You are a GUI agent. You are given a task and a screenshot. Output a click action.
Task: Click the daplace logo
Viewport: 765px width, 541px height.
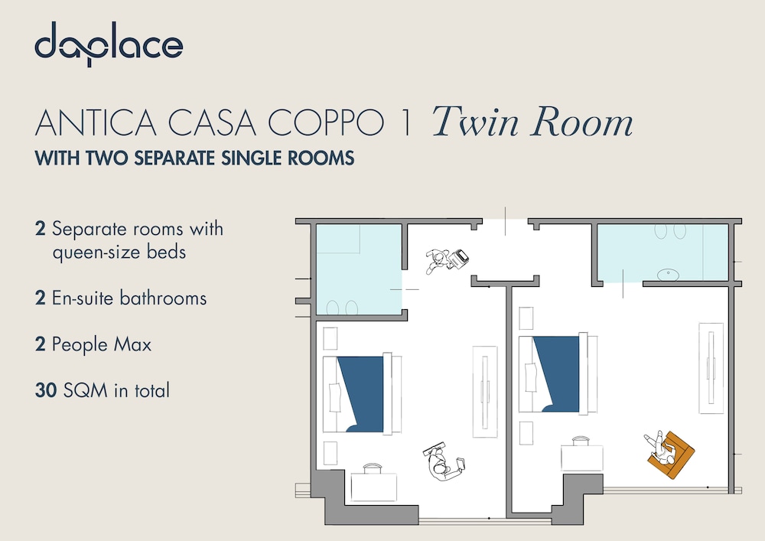[x=109, y=44]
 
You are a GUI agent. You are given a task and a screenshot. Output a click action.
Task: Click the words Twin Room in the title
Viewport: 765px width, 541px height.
[x=532, y=122]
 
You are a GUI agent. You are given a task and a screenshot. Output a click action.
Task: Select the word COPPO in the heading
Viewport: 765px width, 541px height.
[x=325, y=122]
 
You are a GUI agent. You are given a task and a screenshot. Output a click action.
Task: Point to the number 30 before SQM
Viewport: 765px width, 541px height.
[x=46, y=390]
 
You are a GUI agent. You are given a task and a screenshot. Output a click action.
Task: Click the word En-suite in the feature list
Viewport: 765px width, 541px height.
[x=83, y=298]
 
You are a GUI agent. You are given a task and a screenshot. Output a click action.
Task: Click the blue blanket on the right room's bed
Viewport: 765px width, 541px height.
[x=558, y=373]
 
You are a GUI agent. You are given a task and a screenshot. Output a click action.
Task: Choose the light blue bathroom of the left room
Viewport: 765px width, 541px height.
[x=359, y=269]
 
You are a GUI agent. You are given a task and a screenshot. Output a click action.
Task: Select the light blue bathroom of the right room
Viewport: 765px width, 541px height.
[x=663, y=253]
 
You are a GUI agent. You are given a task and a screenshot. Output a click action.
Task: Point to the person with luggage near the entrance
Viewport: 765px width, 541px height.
[x=447, y=260]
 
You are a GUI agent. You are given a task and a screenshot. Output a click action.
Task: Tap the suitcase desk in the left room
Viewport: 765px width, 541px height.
[x=373, y=484]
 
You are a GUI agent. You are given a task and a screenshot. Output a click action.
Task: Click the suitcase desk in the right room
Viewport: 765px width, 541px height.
[x=581, y=455]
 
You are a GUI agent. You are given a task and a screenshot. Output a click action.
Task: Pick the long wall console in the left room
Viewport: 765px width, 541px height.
[x=485, y=392]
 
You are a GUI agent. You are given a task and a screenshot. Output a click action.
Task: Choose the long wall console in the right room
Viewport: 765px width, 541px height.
[x=711, y=368]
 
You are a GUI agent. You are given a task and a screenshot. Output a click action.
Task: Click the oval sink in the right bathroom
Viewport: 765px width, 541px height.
[x=668, y=275]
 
